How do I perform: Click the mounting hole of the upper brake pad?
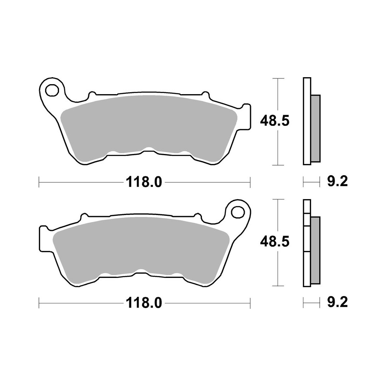pos(51,90)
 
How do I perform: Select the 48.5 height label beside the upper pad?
pos(274,122)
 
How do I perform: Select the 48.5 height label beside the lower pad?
pos(274,242)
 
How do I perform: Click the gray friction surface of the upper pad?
pos(149,127)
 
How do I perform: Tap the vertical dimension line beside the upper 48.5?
pos(278,96)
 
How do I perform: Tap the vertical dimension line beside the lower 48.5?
pos(278,216)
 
